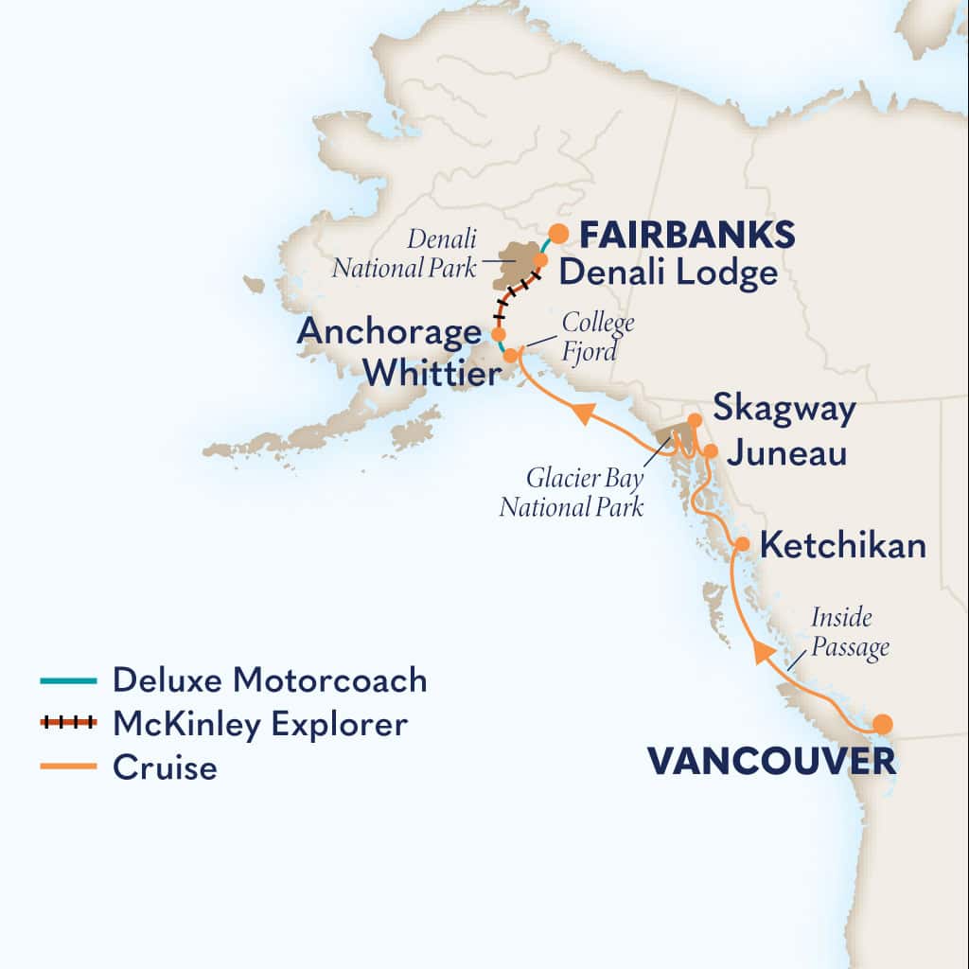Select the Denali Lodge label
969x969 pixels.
(667, 273)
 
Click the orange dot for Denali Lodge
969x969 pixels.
(540, 259)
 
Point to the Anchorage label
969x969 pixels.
(388, 332)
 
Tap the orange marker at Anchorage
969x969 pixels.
(498, 335)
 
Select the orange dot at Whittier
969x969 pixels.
(510, 356)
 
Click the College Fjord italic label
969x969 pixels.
(598, 335)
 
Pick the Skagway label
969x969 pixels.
(784, 410)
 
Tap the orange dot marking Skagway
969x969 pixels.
(694, 419)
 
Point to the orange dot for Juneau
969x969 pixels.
(711, 450)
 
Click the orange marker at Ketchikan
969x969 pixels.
(743, 544)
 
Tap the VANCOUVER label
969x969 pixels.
(771, 761)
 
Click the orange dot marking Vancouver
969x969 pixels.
(882, 724)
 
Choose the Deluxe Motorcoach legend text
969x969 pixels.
(270, 679)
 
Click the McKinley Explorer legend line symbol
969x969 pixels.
(68, 724)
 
